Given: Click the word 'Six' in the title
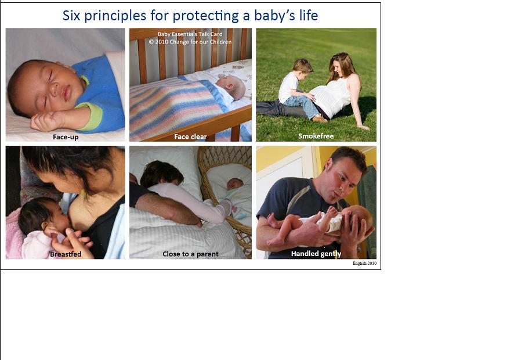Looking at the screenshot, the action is tap(71, 16).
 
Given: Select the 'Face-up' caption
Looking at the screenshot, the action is tap(66, 137).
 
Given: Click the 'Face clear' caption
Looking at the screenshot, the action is tap(190, 136).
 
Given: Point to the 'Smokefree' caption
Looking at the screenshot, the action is tap(316, 136).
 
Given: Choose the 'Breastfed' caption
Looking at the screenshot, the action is tap(66, 254).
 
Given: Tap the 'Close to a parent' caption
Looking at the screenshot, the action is tap(190, 254).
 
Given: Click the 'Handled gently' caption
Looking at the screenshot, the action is tap(316, 254).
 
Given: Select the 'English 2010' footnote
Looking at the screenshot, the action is tap(364, 263).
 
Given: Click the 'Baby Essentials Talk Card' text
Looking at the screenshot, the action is tap(190, 34).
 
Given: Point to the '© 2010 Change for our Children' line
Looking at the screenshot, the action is tap(190, 42).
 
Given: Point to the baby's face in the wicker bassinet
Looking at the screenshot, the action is tap(235, 184).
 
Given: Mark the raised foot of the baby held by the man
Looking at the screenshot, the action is tap(331, 212).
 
